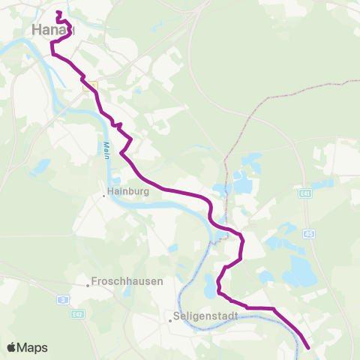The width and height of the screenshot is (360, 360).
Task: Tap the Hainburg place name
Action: [130, 192]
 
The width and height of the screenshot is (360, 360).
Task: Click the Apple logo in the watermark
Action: [12, 347]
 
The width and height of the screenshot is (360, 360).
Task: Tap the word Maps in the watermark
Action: [34, 347]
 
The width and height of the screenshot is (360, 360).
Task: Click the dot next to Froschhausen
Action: [87, 285]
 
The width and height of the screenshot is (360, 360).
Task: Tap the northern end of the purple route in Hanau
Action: [58, 12]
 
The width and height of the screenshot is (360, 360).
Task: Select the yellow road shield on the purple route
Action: [91, 87]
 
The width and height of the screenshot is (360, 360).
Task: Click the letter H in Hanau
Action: [37, 29]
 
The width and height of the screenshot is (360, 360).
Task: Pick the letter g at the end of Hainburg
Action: [148, 193]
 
